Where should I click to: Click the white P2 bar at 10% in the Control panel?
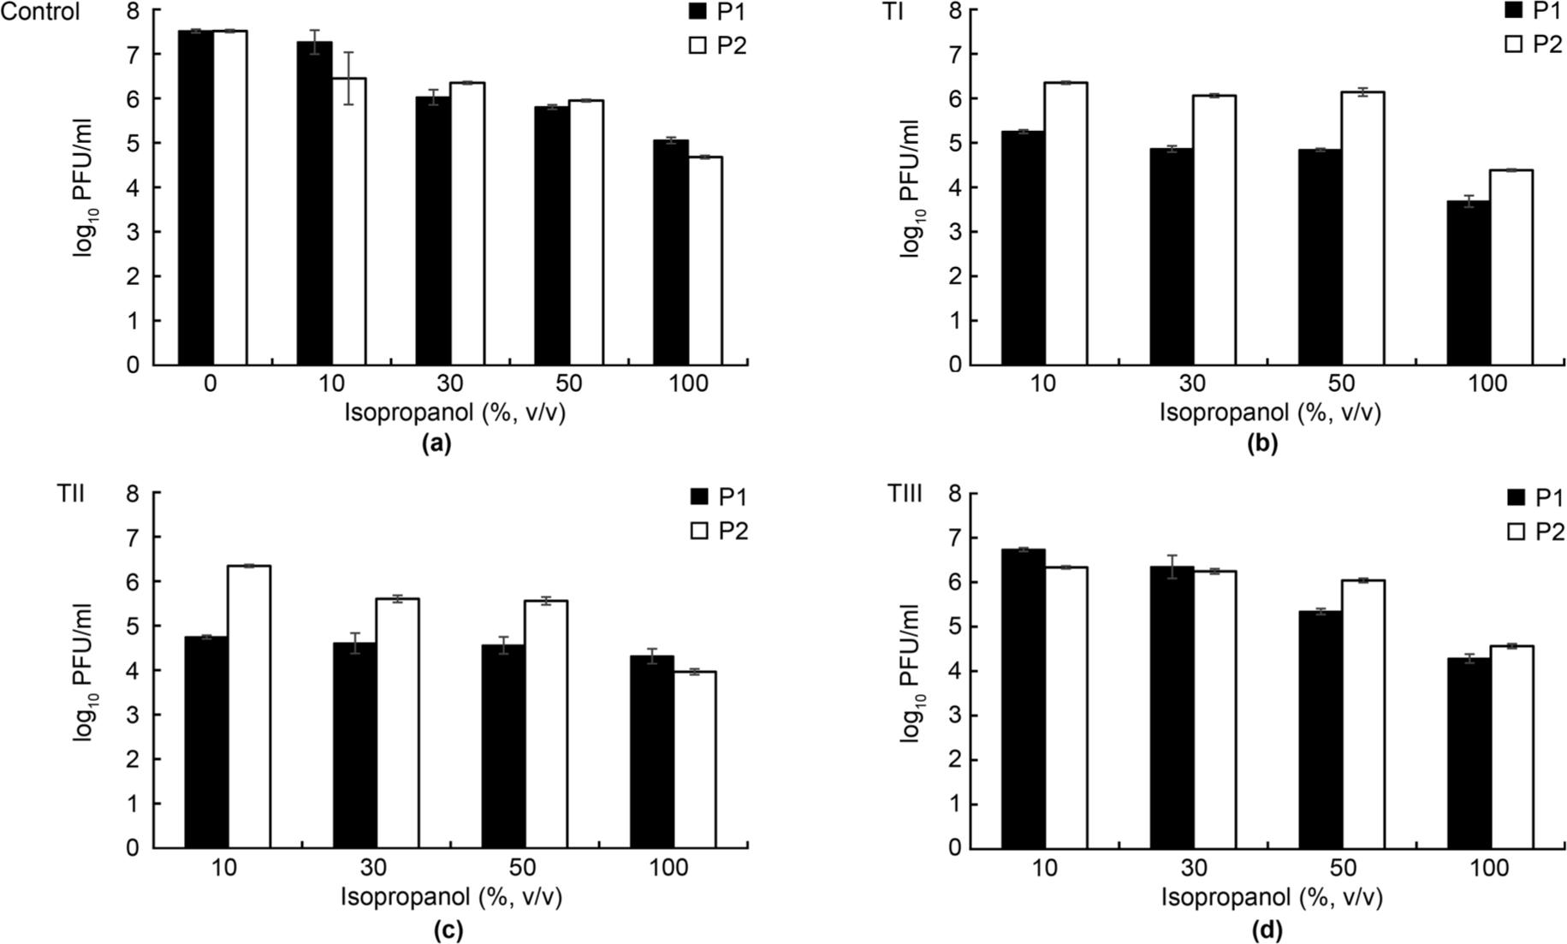click(x=349, y=223)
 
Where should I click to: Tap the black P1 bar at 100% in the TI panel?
click(x=1469, y=283)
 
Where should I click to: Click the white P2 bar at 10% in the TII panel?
click(x=248, y=707)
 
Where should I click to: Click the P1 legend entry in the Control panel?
click(x=717, y=12)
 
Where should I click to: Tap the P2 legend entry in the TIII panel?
click(x=1535, y=531)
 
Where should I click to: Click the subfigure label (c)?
click(x=448, y=930)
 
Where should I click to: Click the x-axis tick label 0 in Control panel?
click(x=211, y=384)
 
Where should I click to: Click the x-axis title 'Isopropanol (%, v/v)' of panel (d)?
click(x=1271, y=898)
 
